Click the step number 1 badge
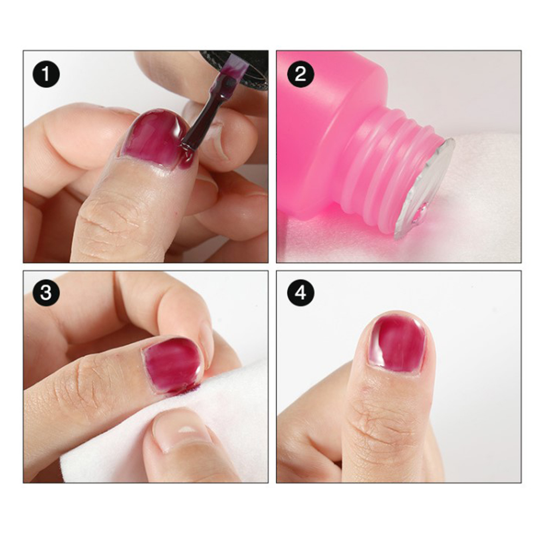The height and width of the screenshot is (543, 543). [x=46, y=74]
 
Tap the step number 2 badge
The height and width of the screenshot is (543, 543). [x=301, y=74]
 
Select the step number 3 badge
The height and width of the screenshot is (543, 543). [x=46, y=293]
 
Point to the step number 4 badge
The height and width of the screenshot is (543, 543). [x=301, y=293]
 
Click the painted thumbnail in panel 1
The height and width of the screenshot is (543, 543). [x=154, y=139]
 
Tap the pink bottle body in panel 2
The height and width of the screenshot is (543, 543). [x=322, y=139]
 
